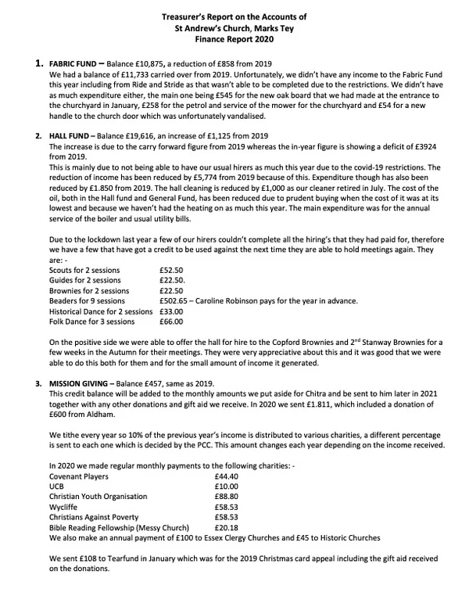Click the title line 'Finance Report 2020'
click(x=235, y=35)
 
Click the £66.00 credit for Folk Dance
click(x=170, y=321)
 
